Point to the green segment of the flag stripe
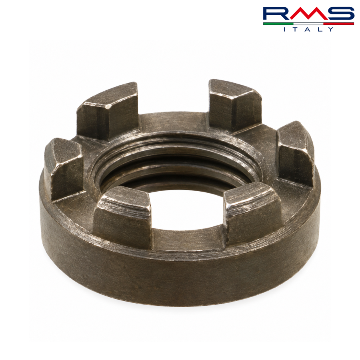point(278,24)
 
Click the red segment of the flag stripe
point(339,24)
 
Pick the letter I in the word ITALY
point(285,29)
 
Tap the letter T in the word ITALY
point(296,29)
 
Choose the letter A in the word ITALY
point(308,29)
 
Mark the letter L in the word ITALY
point(319,29)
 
